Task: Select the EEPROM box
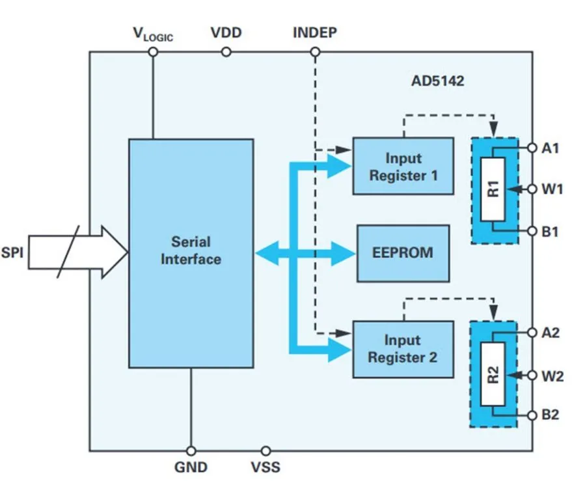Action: (403, 253)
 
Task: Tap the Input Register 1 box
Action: (403, 166)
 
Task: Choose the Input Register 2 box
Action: (403, 348)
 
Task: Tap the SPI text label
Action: (12, 251)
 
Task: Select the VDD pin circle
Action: (225, 52)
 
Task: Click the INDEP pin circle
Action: (314, 52)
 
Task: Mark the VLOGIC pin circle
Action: (154, 52)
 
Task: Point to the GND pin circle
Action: (191, 450)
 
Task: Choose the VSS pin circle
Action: (266, 450)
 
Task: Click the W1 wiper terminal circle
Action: (532, 189)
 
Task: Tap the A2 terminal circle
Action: (532, 332)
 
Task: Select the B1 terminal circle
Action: (532, 231)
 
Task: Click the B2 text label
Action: (551, 415)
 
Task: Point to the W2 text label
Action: (552, 375)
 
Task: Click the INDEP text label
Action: (315, 33)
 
